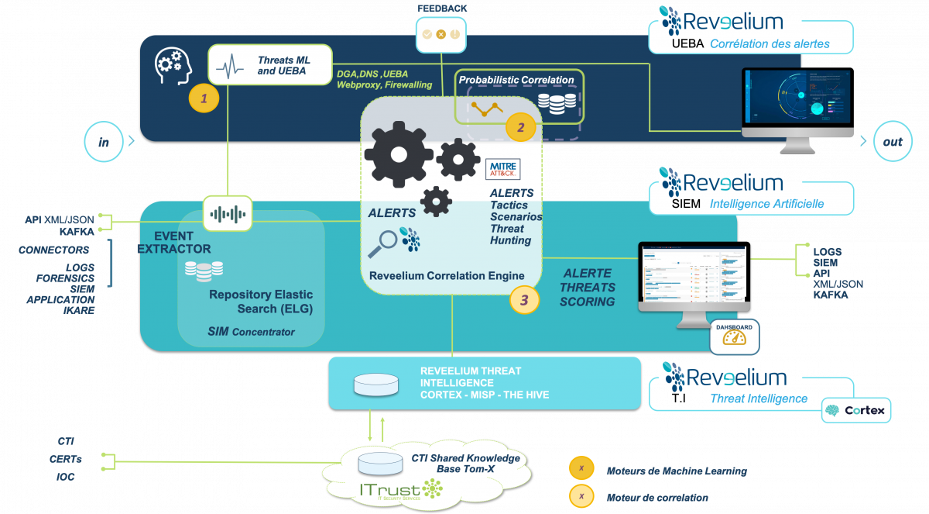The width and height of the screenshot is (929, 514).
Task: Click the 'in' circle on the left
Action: pos(105,141)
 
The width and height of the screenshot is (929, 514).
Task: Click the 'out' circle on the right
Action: pos(892,141)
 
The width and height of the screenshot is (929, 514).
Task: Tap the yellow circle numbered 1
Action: pos(204,98)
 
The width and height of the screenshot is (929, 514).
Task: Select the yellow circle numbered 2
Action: pos(520,127)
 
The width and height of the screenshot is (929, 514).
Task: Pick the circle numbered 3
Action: pos(524,300)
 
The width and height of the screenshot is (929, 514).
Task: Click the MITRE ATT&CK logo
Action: pos(503,169)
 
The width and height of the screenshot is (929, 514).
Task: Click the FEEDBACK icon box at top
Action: pos(441,33)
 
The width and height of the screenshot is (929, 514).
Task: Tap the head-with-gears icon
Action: pos(174,66)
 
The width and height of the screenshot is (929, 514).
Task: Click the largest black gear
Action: pos(398,154)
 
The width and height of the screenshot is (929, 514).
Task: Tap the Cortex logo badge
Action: pos(855,410)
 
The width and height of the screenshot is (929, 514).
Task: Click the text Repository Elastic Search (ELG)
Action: pos(253,302)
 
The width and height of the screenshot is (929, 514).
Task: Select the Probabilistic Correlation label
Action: pos(516,79)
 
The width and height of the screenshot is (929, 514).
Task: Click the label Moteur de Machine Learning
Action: pos(677,471)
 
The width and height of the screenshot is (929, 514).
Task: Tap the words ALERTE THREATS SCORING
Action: pos(588,287)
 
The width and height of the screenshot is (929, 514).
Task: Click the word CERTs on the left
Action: pos(65,459)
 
